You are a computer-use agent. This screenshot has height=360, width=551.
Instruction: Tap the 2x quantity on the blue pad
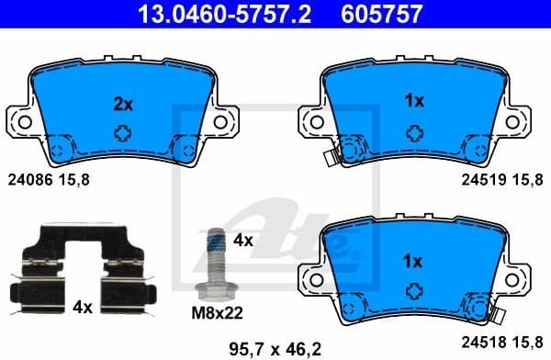click(122, 105)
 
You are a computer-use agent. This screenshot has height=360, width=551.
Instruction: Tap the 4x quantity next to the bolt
click(242, 242)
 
